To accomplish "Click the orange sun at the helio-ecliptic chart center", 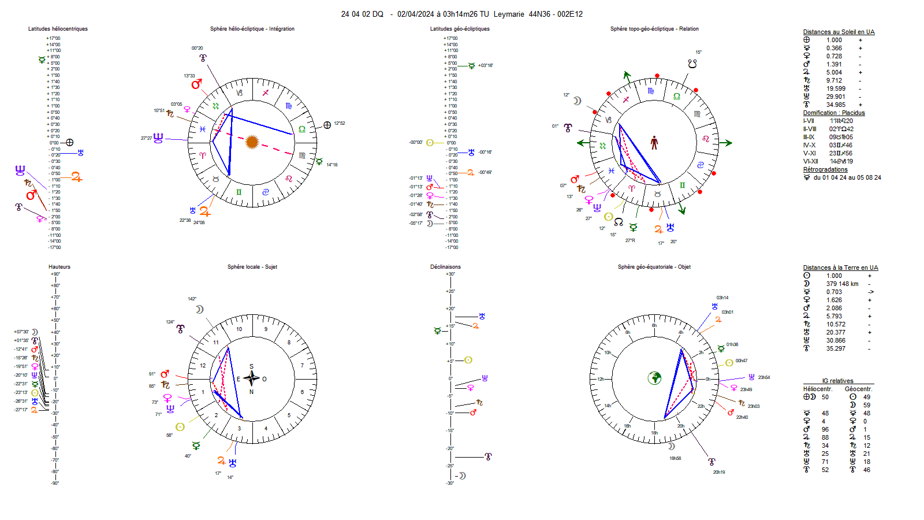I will click(252, 142).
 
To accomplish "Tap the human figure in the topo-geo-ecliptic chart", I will click(654, 143).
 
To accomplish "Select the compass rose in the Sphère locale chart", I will click(252, 379).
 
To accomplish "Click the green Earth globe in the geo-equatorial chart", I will click(654, 378).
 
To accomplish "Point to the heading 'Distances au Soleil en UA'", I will click(839, 32).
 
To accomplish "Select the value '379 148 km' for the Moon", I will click(842, 284).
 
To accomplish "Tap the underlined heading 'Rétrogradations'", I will click(825, 170).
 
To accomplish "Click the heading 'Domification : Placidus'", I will click(834, 113).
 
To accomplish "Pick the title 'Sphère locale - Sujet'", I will click(252, 267).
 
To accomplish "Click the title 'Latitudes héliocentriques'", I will click(58, 29).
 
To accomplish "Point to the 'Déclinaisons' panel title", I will click(445, 267).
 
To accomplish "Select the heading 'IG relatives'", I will click(837, 381).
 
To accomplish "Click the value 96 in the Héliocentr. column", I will click(825, 429).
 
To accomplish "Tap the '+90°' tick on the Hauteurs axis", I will click(55, 274).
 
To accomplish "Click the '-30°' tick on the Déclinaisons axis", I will click(449, 483).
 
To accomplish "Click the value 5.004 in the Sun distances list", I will click(834, 73).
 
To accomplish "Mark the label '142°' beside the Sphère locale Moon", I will click(192, 299).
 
